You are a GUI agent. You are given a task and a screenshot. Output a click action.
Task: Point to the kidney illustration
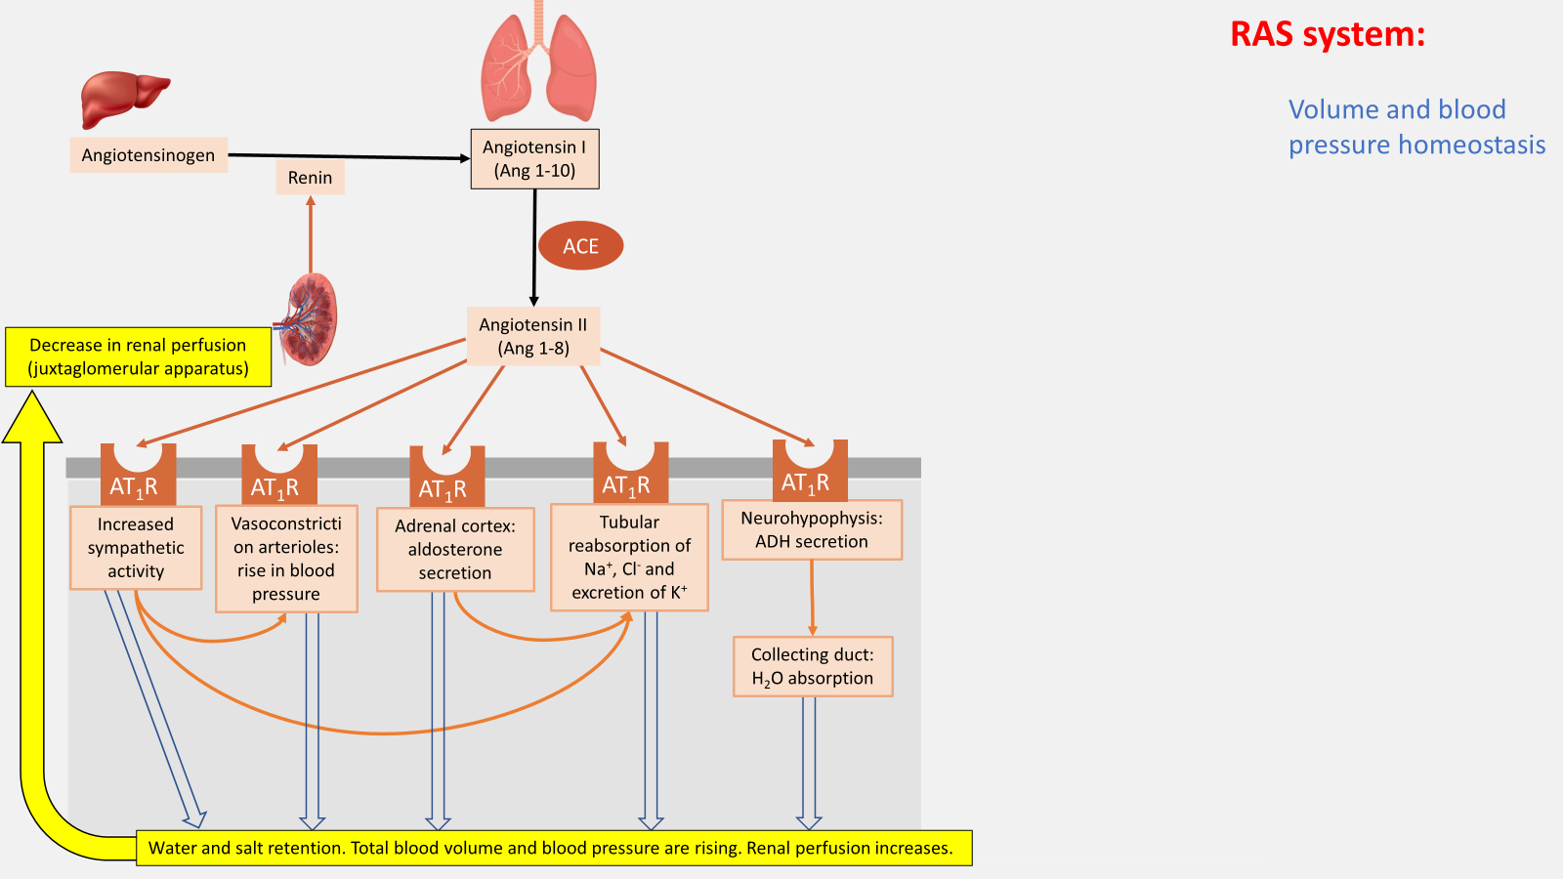pos(314,319)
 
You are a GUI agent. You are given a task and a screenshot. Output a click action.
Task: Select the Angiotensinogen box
pos(148,155)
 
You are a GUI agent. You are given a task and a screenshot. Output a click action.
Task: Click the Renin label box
pos(310,178)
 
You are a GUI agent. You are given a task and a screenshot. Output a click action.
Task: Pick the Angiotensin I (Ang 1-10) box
pos(534,159)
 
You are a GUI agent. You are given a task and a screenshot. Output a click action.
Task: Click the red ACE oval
pos(580,246)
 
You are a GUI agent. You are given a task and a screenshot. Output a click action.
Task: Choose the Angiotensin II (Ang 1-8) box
pos(532,337)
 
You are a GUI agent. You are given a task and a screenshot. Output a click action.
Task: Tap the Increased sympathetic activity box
pos(136,548)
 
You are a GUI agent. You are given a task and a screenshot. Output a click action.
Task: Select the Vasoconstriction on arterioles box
pos(286,559)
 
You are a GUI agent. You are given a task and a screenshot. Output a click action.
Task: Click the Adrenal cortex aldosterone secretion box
pos(455,550)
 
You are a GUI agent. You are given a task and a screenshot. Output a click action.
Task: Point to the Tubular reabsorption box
pos(629,558)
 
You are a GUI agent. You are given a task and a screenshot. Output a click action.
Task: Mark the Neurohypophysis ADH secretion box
pos(812,530)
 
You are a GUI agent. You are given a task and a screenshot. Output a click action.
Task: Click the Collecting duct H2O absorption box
pos(813,667)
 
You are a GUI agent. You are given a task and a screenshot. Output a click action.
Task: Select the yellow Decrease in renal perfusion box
pos(138,357)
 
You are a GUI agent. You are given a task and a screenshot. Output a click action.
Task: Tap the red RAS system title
pos(1327,35)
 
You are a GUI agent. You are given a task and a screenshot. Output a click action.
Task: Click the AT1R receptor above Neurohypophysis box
pos(810,473)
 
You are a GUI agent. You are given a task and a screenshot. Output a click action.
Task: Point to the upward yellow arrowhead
pos(32,416)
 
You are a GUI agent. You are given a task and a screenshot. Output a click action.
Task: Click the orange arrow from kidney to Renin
pos(311,234)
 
